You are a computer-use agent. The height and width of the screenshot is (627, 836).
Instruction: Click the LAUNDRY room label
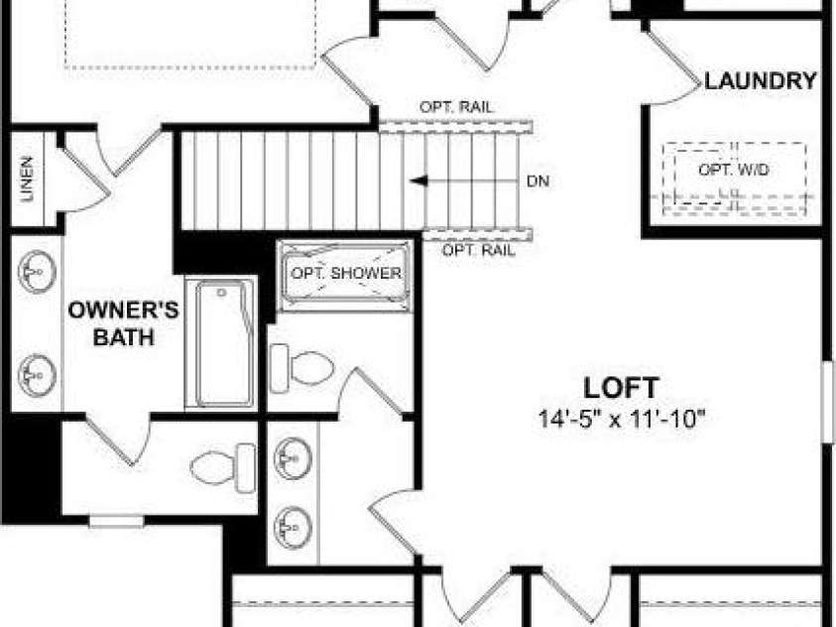click(x=761, y=81)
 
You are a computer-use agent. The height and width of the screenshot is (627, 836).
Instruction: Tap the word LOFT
click(x=621, y=388)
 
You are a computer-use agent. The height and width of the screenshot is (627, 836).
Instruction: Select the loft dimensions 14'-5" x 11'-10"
click(x=622, y=419)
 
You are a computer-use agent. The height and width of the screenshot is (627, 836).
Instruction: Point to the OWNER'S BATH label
click(x=124, y=323)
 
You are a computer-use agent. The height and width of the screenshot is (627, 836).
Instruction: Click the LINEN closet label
click(x=27, y=179)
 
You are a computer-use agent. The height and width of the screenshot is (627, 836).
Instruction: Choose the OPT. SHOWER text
click(x=346, y=273)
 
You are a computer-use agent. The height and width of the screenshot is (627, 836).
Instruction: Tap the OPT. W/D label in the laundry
click(x=734, y=170)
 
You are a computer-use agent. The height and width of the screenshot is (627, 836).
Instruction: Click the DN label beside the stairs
click(x=537, y=182)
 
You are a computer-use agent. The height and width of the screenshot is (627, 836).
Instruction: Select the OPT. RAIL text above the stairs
click(x=456, y=107)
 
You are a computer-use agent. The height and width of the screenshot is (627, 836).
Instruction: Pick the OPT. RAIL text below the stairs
click(x=479, y=250)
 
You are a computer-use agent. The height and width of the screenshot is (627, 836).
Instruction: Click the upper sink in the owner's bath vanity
click(x=37, y=272)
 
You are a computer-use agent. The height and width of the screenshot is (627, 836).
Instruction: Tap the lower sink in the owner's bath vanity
click(x=37, y=375)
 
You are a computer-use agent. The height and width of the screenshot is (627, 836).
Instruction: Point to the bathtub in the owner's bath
click(x=222, y=343)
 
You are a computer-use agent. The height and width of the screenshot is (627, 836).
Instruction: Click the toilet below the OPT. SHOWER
click(x=301, y=368)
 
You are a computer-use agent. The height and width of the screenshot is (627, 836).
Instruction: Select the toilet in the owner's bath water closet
click(x=223, y=468)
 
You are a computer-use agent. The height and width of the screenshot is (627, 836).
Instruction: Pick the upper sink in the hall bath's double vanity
click(x=293, y=458)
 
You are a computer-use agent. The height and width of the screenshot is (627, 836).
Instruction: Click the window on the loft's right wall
click(x=828, y=402)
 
